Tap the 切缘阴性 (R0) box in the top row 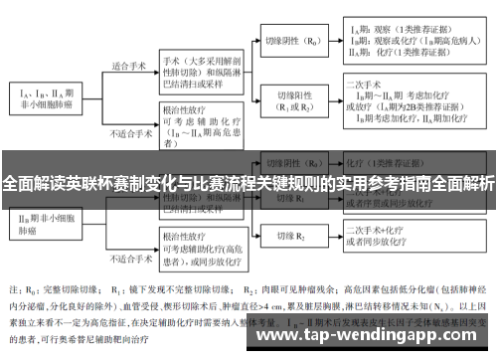click(x=295, y=44)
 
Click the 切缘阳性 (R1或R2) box click(x=295, y=97)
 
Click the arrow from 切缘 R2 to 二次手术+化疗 click(x=329, y=236)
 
